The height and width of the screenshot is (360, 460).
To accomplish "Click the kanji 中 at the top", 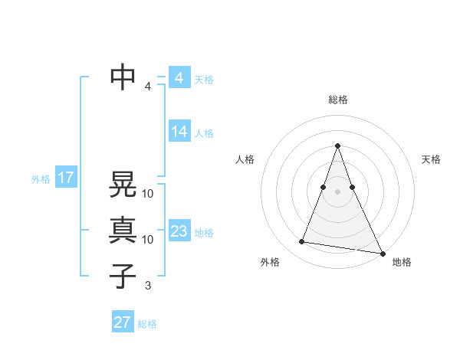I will (123, 77).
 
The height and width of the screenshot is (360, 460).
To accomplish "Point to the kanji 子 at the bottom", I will (123, 276).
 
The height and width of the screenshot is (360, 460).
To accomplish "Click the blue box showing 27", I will (123, 322).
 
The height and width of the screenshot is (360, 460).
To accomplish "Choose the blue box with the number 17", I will (66, 178).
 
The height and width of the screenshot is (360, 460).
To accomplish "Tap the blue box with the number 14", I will (179, 132).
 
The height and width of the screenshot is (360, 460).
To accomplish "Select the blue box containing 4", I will (179, 78).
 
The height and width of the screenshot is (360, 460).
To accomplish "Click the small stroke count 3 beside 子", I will (147, 286).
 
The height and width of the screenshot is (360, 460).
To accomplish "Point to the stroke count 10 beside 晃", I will (148, 193).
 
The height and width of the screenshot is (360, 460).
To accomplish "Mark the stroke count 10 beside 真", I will (148, 239).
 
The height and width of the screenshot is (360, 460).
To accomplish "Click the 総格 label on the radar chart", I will (337, 100).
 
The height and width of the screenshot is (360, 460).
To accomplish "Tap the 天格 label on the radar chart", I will (432, 159).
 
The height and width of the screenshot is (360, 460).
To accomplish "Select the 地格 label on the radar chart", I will (402, 262).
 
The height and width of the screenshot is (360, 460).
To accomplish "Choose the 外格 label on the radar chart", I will (270, 262).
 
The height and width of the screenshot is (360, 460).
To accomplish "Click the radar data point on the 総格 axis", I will (337, 146).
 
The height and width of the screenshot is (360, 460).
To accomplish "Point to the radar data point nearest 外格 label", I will (302, 242).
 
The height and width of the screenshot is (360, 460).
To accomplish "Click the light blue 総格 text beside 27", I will (147, 324).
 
